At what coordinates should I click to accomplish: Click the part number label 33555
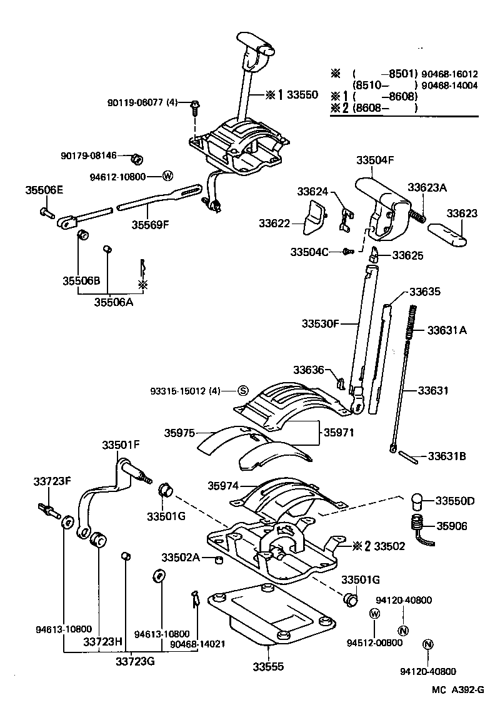268,666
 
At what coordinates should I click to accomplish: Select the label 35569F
150,224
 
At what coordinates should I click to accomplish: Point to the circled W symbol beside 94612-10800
167,177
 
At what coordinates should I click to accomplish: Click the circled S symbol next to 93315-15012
243,391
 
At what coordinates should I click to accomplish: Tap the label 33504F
375,160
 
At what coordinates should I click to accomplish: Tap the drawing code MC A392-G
457,689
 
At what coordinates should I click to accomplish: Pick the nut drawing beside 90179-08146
139,155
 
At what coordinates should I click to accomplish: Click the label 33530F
320,323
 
